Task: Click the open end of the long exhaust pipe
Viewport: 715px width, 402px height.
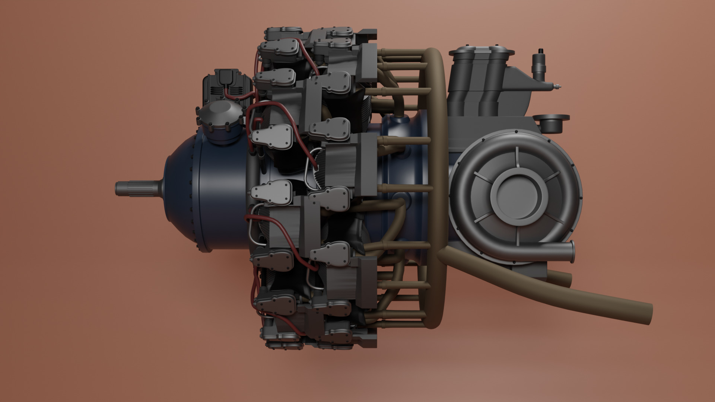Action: point(647,313)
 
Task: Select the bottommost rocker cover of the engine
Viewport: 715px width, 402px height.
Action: point(283,344)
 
